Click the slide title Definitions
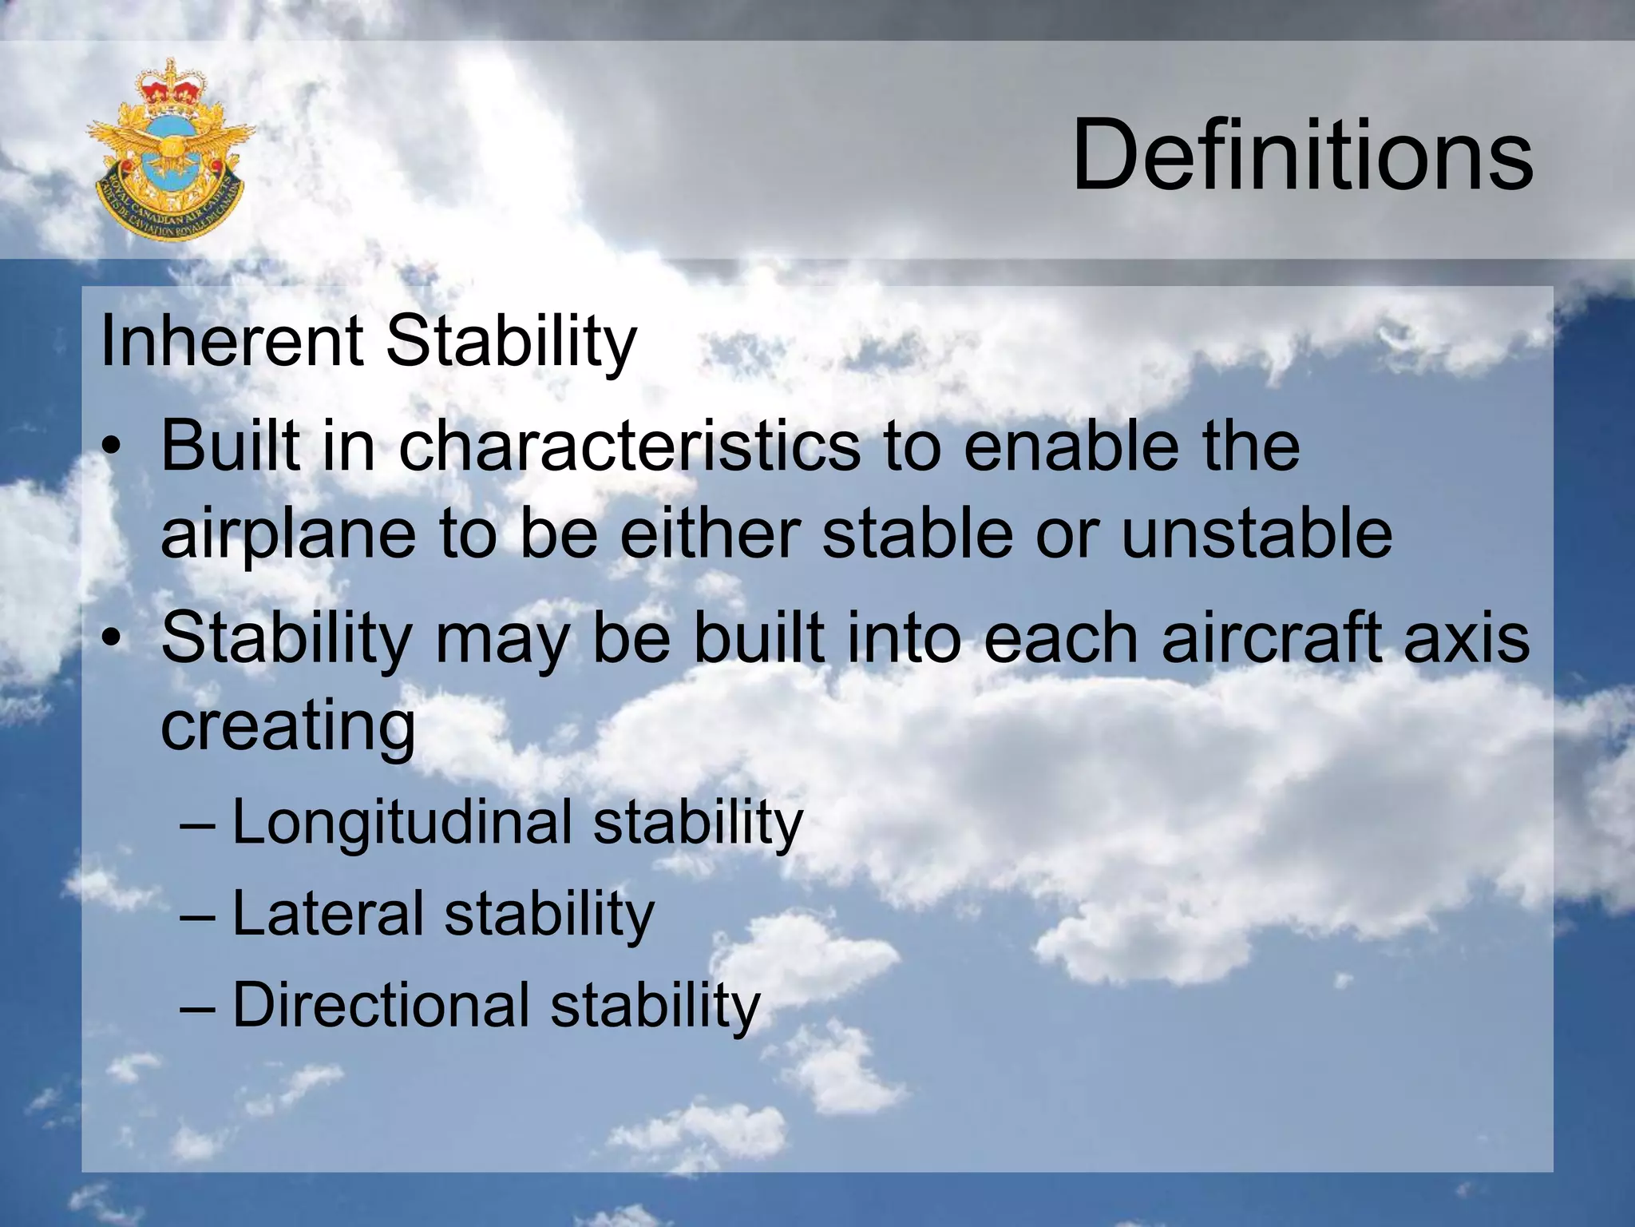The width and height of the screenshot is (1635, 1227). [1302, 155]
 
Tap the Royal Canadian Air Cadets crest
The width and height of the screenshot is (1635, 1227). [169, 150]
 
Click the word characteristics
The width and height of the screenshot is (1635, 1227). [629, 446]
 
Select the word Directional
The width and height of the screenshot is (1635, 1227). [381, 1004]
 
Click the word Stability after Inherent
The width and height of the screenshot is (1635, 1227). [511, 343]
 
